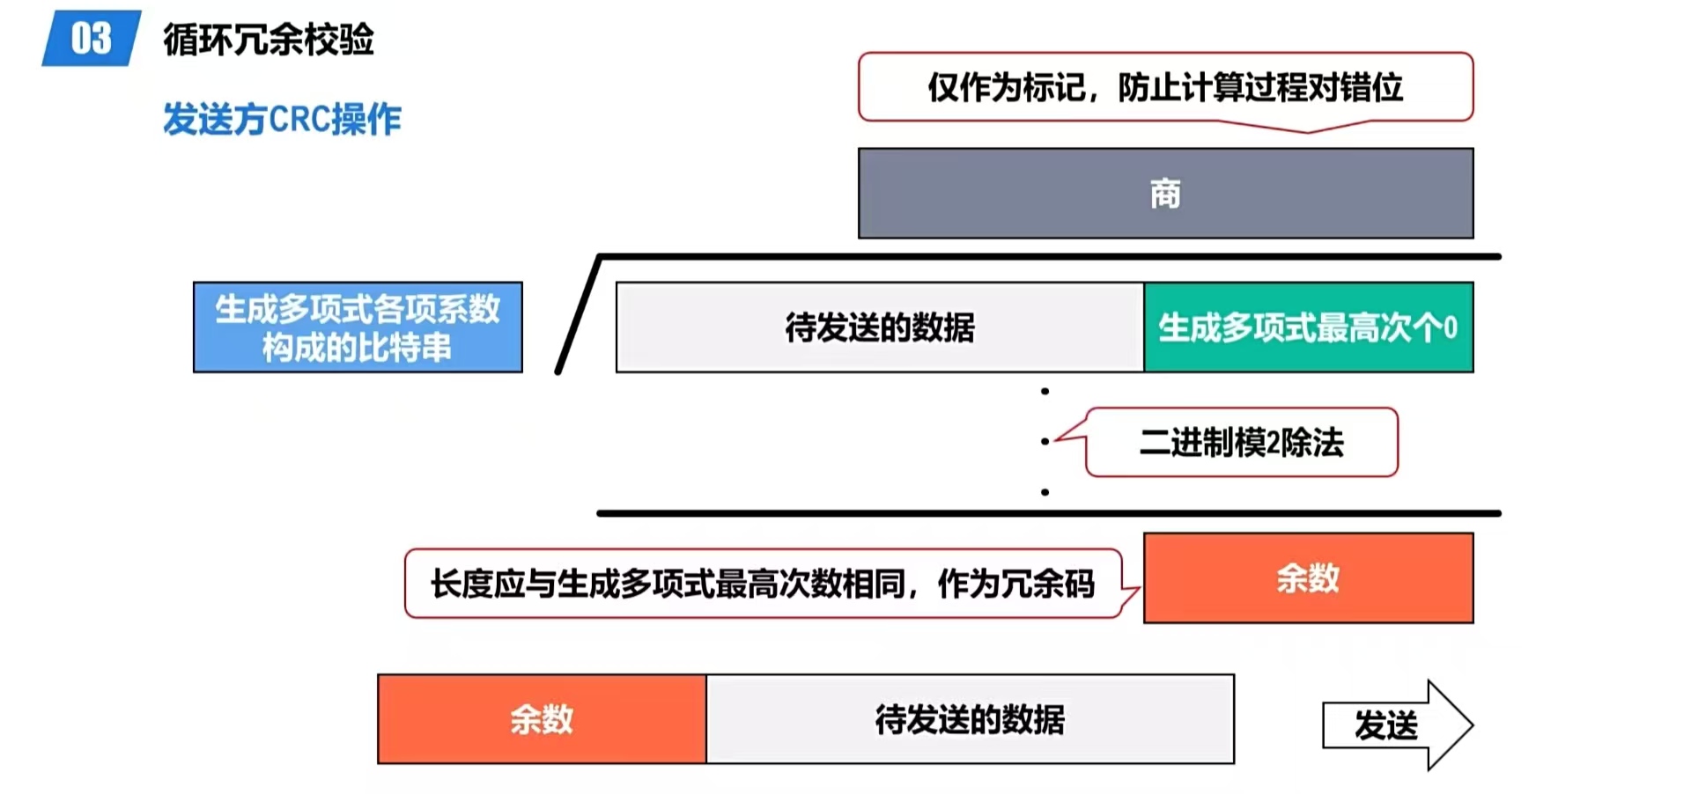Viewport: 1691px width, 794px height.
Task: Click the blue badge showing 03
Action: coord(91,39)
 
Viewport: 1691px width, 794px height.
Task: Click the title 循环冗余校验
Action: coord(269,40)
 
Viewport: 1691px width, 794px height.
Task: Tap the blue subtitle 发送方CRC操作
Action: coord(282,119)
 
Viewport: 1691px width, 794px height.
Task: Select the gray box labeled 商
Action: coord(1165,194)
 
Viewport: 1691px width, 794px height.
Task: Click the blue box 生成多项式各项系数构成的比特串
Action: coord(358,327)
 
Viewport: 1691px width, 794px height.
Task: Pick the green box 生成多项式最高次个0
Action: coord(1308,327)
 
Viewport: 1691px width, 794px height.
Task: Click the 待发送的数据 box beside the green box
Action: coord(880,327)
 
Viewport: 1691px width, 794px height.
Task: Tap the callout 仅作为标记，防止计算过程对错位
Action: coord(1165,87)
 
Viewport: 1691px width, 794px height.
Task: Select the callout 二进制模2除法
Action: coord(1241,442)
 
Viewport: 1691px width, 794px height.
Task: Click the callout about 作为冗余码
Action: coord(763,584)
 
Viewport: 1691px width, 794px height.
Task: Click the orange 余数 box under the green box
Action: coord(1308,578)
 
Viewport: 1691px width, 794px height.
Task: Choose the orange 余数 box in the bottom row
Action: coord(542,719)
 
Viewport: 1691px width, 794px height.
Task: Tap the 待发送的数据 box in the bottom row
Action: coord(970,719)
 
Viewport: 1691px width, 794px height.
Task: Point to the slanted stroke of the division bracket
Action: coord(579,315)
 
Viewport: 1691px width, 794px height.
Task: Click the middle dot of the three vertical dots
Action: coord(1045,441)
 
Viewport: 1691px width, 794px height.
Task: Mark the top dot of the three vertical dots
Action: coord(1045,391)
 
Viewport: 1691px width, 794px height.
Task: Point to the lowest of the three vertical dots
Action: coord(1045,492)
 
